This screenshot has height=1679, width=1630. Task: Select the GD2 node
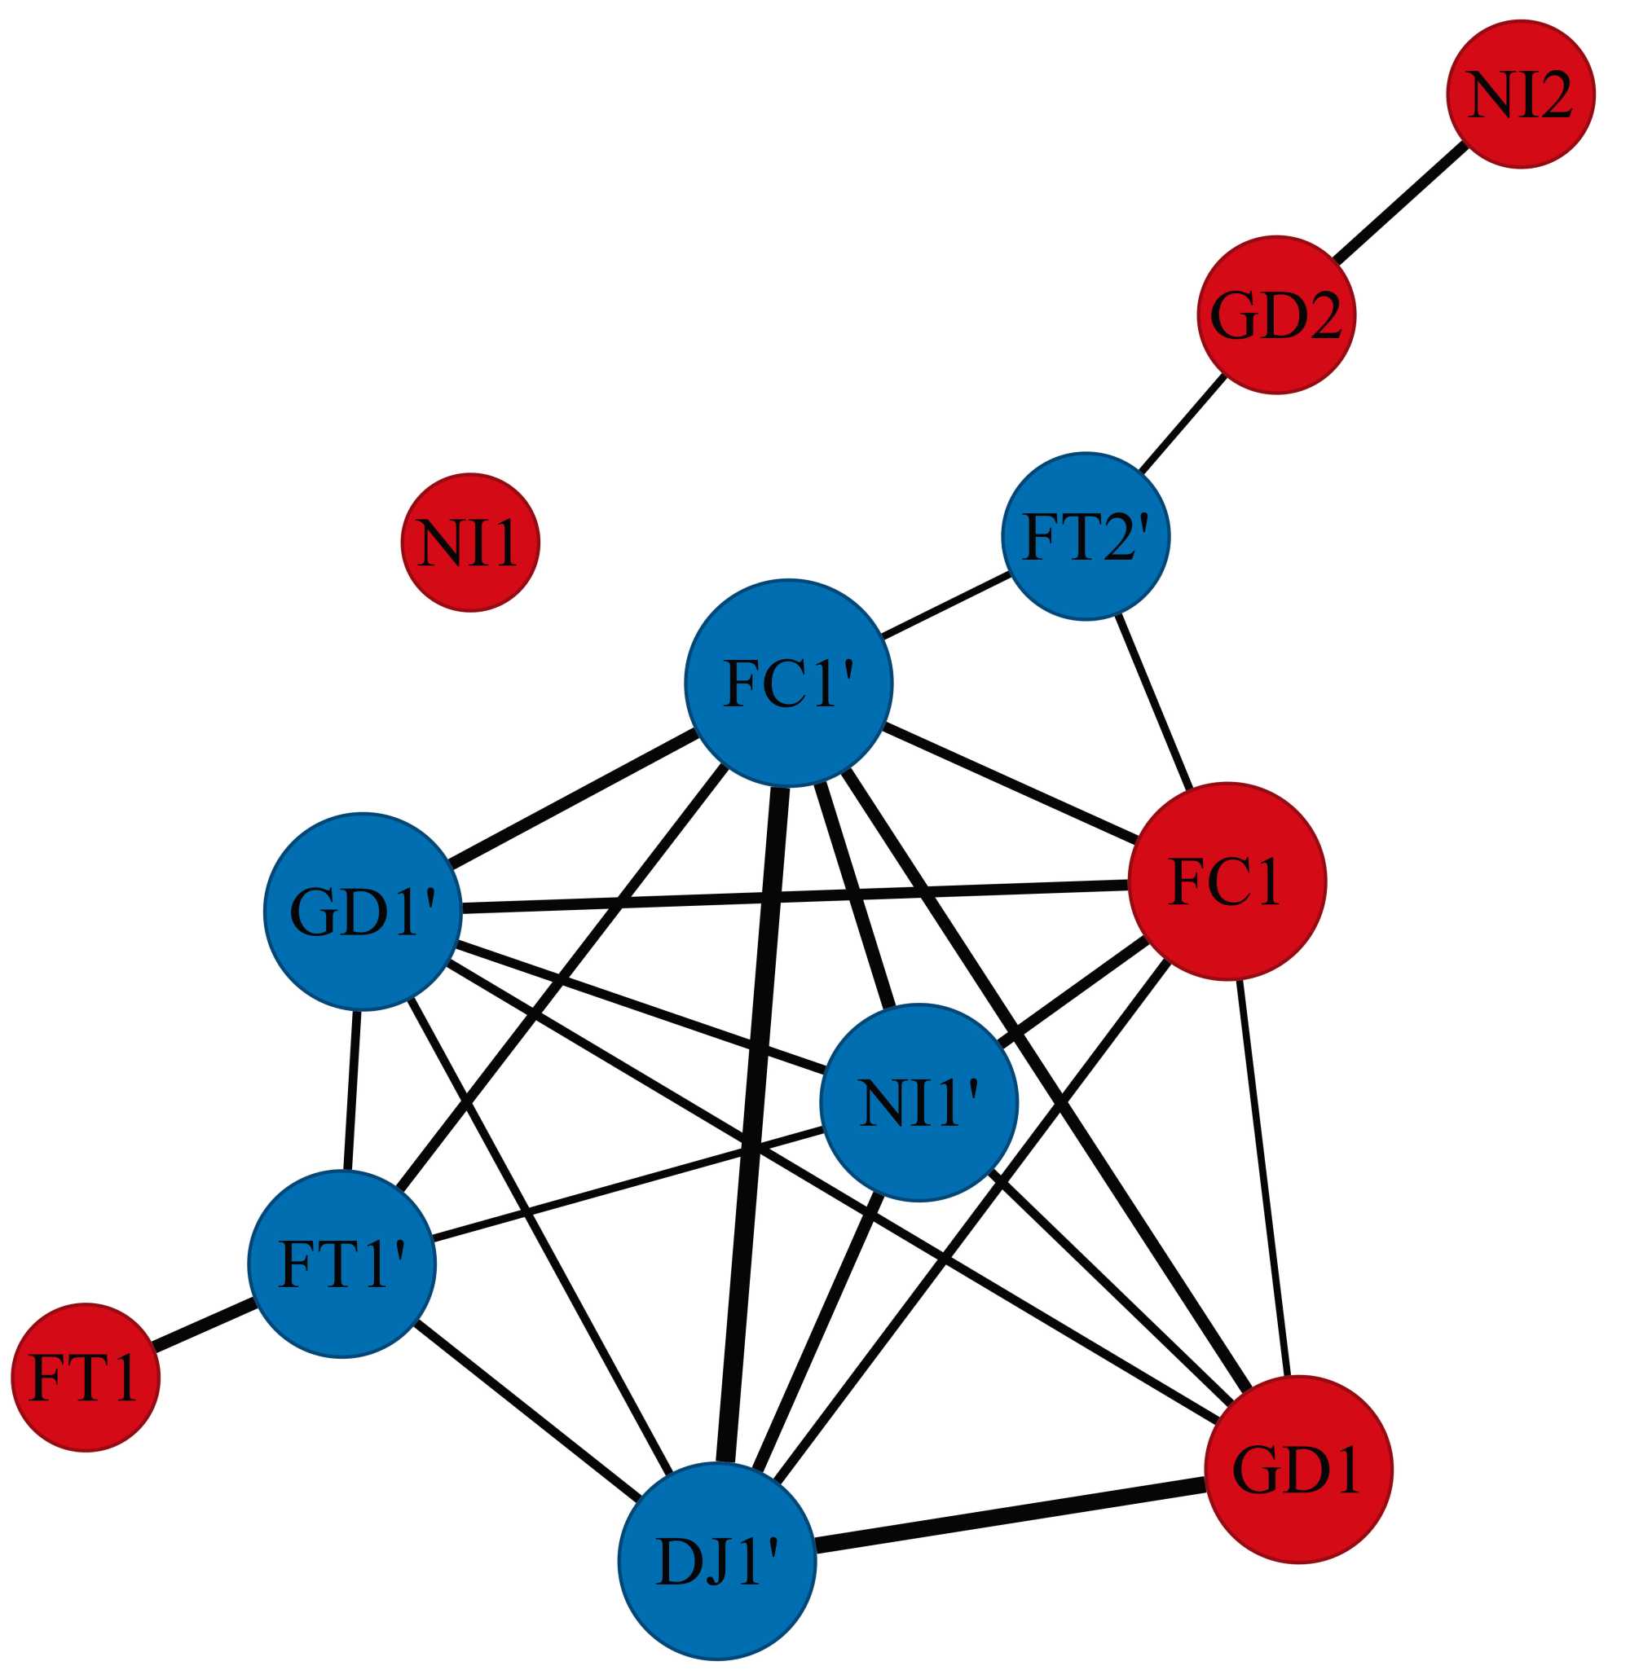pyautogui.click(x=1275, y=314)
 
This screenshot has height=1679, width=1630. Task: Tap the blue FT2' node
pyautogui.click(x=1085, y=536)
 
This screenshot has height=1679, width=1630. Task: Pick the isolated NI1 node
pyautogui.click(x=469, y=543)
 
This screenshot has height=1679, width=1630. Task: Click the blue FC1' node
pyautogui.click(x=788, y=683)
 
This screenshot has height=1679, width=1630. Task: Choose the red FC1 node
pyautogui.click(x=1227, y=881)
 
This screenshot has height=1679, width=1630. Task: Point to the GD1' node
pyautogui.click(x=363, y=911)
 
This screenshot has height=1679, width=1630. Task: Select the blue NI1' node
pyautogui.click(x=919, y=1102)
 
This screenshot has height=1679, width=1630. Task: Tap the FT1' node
pyautogui.click(x=342, y=1264)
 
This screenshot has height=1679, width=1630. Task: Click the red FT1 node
pyautogui.click(x=85, y=1378)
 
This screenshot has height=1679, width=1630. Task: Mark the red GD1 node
pyautogui.click(x=1297, y=1470)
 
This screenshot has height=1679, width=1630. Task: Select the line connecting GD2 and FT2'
pyautogui.click(x=1181, y=424)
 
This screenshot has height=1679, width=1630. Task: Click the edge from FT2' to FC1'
pyautogui.click(x=945, y=604)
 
